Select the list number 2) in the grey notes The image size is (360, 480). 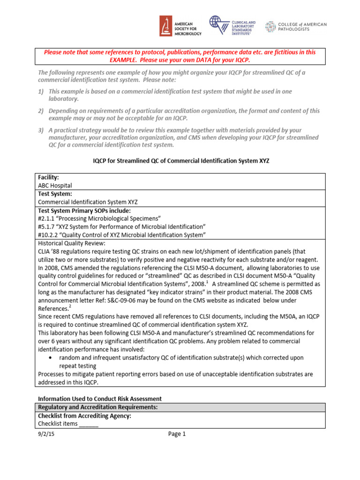pyautogui.click(x=41, y=111)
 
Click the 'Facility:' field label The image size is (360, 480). pyautogui.click(x=48, y=178)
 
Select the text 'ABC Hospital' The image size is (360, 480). pyautogui.click(x=55, y=185)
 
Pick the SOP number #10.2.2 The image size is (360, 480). pyautogui.click(x=49, y=235)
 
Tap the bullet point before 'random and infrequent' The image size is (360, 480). pyautogui.click(x=51, y=358)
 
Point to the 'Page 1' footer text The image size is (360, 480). pyautogui.click(x=177, y=434)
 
